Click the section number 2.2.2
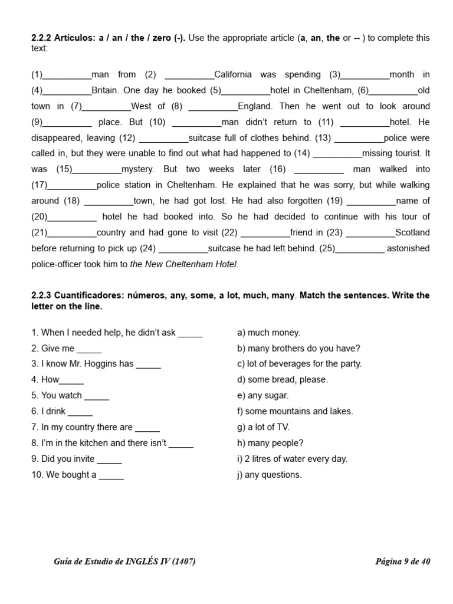41,38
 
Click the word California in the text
233,74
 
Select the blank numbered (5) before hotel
246,91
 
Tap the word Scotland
412,232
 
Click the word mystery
137,169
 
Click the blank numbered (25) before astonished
360,249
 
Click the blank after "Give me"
89,349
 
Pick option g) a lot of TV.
263,427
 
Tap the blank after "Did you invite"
109,459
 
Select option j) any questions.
269,475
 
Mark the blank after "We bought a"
111,475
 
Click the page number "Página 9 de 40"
402,562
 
